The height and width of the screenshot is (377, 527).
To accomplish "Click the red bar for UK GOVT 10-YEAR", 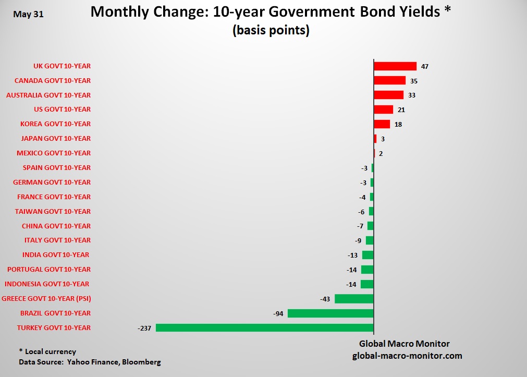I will pos(395,66).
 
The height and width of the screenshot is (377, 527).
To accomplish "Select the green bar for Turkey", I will pos(265,328).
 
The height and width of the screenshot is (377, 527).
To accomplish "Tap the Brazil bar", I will pos(330,313).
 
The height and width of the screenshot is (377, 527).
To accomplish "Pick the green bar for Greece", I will pos(354,299).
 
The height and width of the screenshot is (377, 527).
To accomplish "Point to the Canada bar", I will pos(389,80).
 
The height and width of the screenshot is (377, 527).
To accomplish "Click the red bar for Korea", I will pos(382,124).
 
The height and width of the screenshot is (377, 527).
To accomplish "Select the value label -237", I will pos(144,328).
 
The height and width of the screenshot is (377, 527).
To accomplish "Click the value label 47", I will pos(424,66).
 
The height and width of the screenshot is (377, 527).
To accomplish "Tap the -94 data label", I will pos(278,313).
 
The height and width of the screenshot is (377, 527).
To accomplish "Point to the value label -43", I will pos(325,299).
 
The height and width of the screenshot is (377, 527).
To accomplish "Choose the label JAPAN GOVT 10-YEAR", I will pos(56,139).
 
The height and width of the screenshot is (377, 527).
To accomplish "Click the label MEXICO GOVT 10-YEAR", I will pos(54,153).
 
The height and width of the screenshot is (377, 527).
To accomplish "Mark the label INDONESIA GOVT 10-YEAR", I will pos(47,284).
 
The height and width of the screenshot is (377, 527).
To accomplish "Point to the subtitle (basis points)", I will pos(271,31).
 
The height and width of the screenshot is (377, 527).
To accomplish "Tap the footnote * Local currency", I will pos(47,351).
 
